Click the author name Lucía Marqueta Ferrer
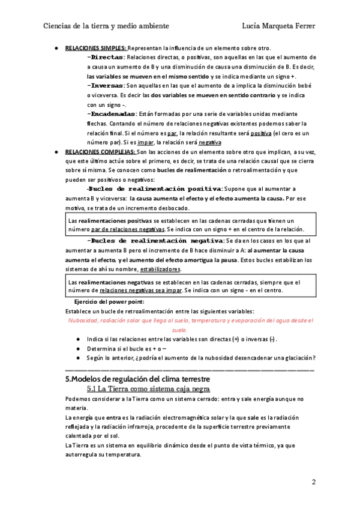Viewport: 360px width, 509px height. point(278,26)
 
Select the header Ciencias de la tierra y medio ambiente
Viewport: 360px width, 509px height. point(106,26)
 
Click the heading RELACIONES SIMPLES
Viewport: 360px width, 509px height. point(96,47)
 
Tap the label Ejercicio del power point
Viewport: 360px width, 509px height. point(109,301)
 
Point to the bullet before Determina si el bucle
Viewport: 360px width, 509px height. point(78,349)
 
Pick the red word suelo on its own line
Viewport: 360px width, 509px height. point(179,330)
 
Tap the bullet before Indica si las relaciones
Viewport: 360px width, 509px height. point(78,339)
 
